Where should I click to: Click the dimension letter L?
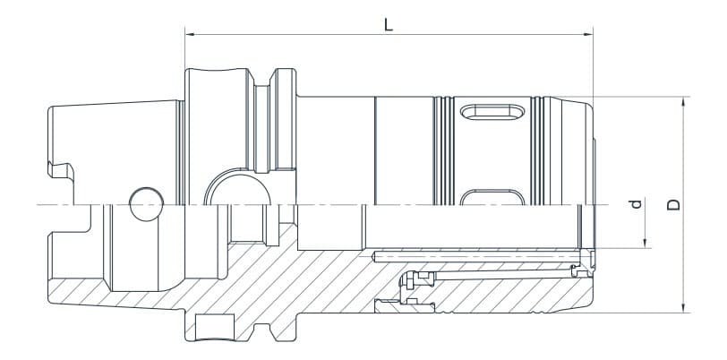point(388,24)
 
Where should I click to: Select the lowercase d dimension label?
point(637,205)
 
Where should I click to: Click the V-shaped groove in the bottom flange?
point(268,334)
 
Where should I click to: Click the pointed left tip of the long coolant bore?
point(372,258)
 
